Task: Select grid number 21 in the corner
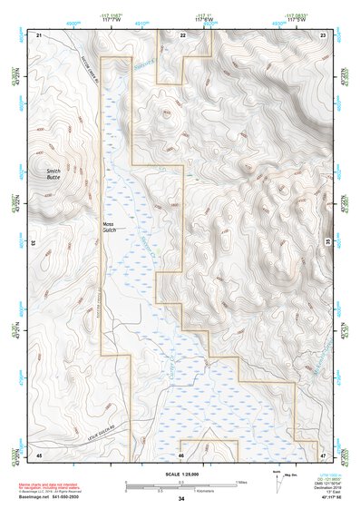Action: coord(39,34)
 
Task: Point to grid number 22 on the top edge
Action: coord(182,34)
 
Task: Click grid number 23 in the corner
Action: coord(324,34)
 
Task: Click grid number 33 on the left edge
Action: coord(34,243)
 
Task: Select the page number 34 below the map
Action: coord(181,499)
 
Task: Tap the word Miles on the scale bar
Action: coord(241,482)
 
